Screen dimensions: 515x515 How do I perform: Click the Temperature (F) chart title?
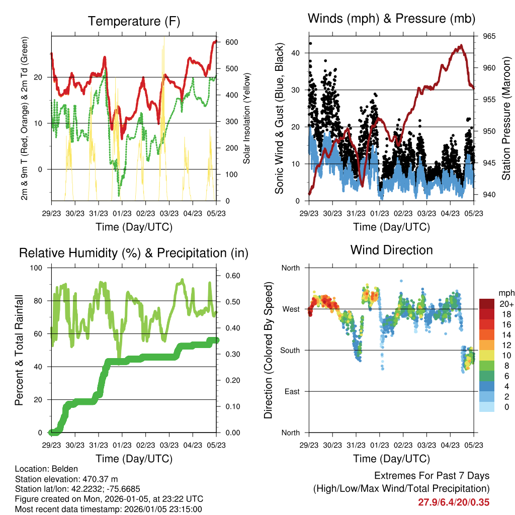click(x=133, y=22)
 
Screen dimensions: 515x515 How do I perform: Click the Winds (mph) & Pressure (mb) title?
click(x=391, y=19)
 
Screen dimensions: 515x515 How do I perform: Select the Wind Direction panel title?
click(x=391, y=250)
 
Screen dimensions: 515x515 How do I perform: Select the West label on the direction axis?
click(x=290, y=309)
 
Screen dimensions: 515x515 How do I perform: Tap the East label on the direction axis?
click(x=291, y=391)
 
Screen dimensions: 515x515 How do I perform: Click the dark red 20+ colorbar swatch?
click(x=486, y=304)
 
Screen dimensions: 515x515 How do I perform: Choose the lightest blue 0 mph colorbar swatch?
click(x=486, y=407)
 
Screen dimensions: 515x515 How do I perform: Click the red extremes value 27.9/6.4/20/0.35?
click(x=454, y=502)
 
